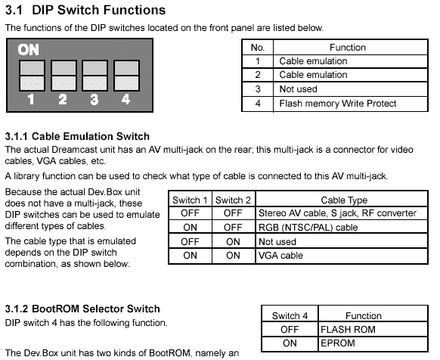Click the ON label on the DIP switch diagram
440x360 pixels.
click(x=28, y=50)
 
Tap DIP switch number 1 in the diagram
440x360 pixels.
click(x=32, y=76)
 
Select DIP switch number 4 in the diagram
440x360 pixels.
click(x=126, y=76)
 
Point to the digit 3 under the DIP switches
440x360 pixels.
click(x=95, y=99)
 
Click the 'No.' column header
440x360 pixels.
click(x=258, y=47)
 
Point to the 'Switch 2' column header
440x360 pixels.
click(x=233, y=200)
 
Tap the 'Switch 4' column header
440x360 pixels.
click(x=290, y=315)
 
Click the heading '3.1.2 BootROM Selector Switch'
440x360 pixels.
click(x=82, y=309)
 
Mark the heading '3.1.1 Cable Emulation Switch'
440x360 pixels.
click(x=77, y=136)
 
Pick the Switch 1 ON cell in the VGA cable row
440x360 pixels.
click(x=190, y=256)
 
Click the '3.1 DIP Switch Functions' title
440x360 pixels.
click(x=85, y=10)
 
